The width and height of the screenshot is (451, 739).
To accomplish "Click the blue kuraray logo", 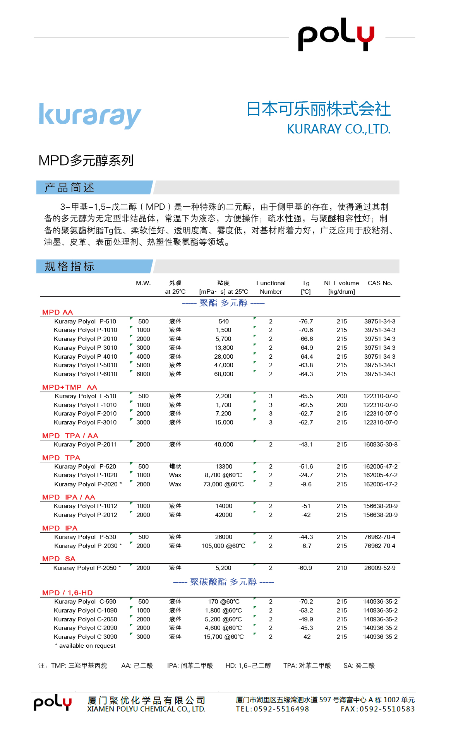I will (90, 115).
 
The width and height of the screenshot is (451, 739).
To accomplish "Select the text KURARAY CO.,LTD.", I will (338, 129).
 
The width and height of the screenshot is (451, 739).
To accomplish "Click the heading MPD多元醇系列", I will (86, 160).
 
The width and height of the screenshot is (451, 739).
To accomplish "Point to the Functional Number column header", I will (271, 287).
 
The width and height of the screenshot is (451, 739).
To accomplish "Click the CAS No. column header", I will (380, 283).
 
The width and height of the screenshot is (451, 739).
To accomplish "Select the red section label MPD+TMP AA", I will (70, 387).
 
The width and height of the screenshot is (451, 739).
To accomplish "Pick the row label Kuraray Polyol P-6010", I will (85, 374).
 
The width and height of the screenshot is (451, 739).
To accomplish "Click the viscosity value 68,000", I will (224, 374).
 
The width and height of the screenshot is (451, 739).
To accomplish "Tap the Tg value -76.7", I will (306, 322).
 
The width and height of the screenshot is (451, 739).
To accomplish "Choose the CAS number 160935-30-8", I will (380, 445).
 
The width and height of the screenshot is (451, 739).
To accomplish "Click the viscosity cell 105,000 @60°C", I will (223, 546).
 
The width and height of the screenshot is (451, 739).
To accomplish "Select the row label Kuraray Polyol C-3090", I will (85, 637).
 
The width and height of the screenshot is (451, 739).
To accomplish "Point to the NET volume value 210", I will (341, 568).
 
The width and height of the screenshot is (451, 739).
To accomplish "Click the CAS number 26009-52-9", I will (380, 568).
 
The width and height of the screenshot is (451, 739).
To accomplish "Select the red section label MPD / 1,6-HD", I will (67, 593).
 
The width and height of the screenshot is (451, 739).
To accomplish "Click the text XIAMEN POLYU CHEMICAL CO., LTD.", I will (146, 709).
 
